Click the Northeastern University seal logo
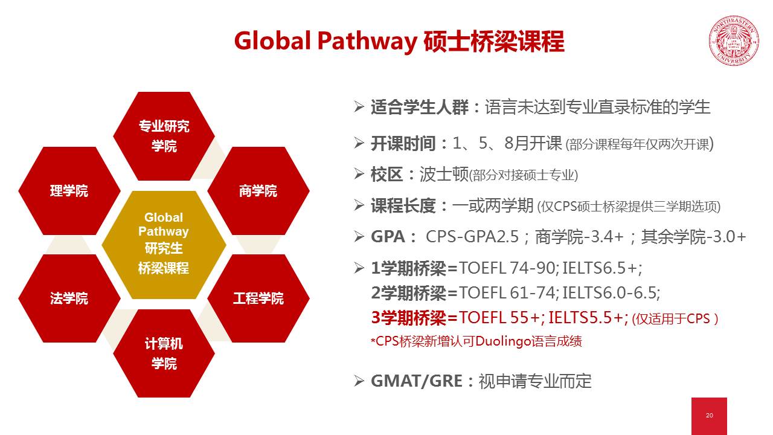pos(734,40)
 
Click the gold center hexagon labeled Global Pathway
pos(164,245)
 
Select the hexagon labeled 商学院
pos(258,191)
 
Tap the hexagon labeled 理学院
pos(69,191)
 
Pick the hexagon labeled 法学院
pos(69,298)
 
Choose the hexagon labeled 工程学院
pos(258,298)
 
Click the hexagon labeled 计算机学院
pos(164,353)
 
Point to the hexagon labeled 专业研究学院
pos(164,136)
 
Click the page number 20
pos(709,415)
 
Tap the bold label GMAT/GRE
pos(417,381)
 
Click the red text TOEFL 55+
pos(499,317)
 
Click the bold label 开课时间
pos(403,144)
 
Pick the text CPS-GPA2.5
pos(472,237)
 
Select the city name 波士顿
pos(444,175)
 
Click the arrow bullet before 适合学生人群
pos(359,107)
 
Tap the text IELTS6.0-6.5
pos(610,293)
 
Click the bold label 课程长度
pos(403,206)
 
